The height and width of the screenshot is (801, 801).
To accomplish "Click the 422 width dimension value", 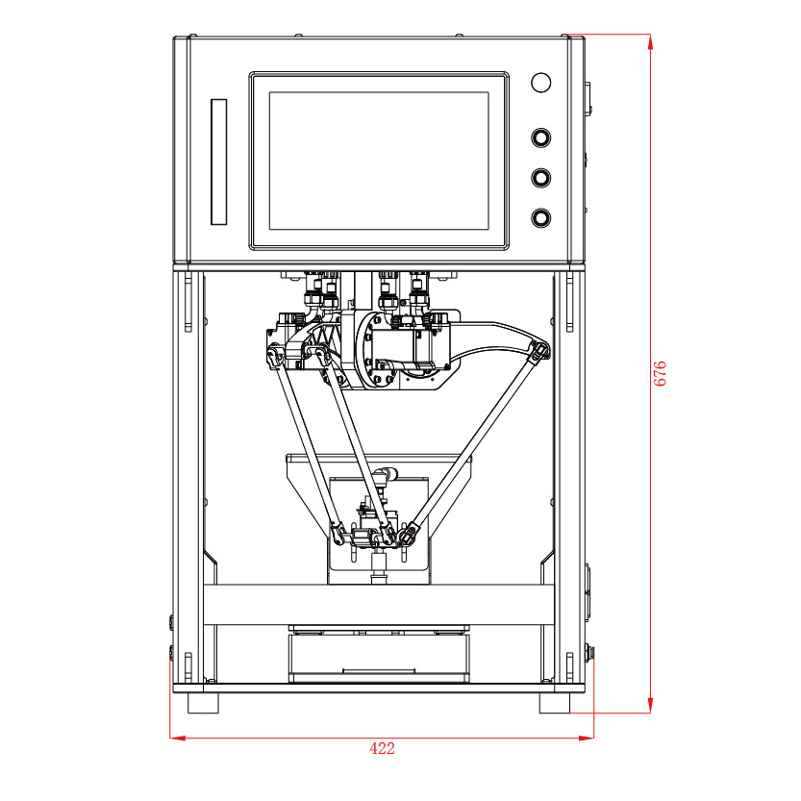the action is (382, 748).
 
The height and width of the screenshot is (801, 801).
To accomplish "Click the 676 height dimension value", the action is (660, 373).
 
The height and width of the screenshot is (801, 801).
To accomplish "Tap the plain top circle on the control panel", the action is (541, 83).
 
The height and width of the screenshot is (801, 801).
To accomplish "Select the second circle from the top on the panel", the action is (541, 138).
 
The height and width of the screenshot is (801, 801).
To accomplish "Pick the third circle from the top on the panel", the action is (541, 178).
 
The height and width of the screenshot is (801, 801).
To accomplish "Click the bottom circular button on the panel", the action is (541, 217).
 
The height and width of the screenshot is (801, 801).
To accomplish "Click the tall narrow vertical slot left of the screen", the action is (218, 162).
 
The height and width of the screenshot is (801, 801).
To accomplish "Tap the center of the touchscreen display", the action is (379, 161).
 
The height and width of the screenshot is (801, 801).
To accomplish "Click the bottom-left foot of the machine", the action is (203, 703).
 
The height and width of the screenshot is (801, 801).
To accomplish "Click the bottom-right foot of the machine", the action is (555, 703).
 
